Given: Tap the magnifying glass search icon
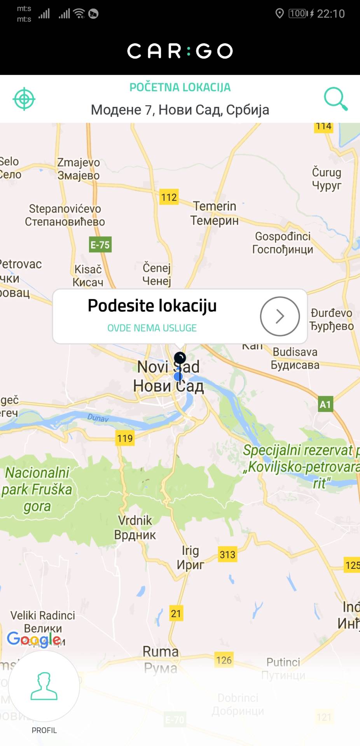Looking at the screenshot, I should click(336, 99).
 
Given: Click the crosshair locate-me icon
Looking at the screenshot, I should click(24, 99).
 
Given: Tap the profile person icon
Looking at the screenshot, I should click(44, 687).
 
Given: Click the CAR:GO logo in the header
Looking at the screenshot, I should click(180, 51).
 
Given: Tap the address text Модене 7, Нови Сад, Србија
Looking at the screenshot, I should click(180, 110).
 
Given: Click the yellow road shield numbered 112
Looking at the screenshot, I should click(169, 197).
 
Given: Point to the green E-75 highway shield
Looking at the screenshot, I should click(100, 245).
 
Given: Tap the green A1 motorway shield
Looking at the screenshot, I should click(325, 404).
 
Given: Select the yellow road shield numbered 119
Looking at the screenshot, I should click(125, 438).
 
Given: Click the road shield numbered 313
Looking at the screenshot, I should click(227, 554).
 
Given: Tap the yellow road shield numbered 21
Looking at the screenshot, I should click(176, 614).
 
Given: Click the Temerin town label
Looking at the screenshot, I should click(215, 213).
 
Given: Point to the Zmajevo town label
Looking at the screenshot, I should click(79, 169).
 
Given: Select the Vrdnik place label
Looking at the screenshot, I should click(135, 527).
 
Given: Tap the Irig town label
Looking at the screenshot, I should click(190, 557).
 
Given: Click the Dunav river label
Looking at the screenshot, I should click(98, 418).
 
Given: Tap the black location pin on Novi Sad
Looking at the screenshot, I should click(180, 358).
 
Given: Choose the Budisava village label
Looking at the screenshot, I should click(295, 358).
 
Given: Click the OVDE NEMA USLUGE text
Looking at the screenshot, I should click(152, 328).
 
